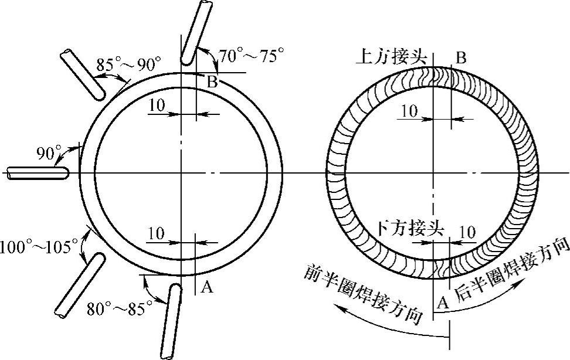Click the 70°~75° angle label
pos(252,56)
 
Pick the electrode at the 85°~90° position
pos(83,74)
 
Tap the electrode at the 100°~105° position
pos(80,285)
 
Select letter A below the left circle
pos(206,287)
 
